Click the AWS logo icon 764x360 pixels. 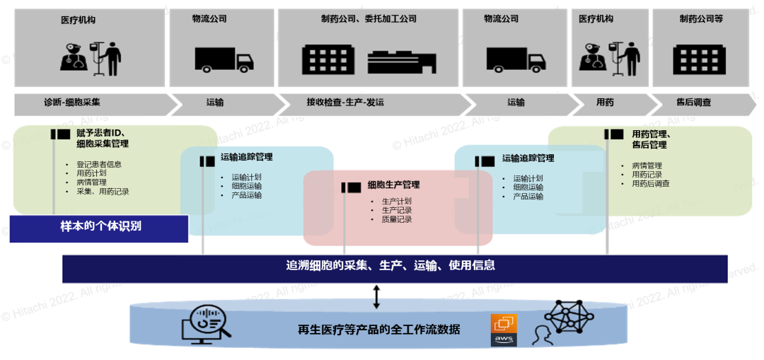(504, 330)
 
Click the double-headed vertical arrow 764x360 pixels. (376, 296)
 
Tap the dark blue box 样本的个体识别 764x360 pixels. (100, 227)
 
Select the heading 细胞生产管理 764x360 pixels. (393, 185)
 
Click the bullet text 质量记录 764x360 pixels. (396, 220)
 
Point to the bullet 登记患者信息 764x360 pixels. (98, 165)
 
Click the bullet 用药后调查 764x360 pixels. (650, 184)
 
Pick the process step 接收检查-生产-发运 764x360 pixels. (345, 103)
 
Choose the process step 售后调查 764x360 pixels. (693, 103)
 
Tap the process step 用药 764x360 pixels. (605, 103)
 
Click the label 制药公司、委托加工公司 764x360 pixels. (369, 19)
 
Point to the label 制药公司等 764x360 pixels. (700, 19)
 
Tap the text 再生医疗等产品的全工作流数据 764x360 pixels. (378, 330)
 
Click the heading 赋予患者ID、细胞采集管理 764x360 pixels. (103, 139)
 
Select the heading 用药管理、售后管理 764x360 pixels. (651, 139)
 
